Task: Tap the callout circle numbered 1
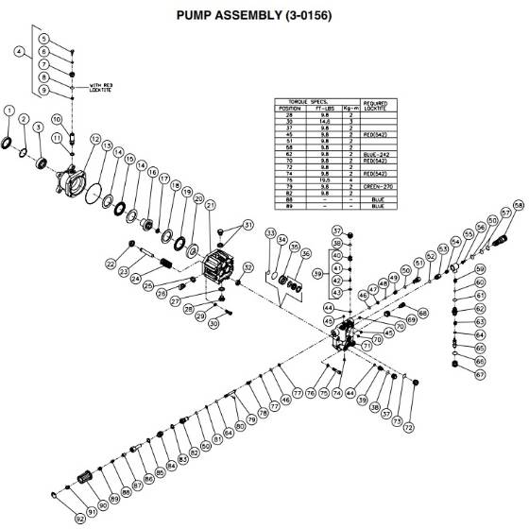coord(9,111)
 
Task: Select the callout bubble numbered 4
coord(19,51)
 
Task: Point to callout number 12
coord(94,139)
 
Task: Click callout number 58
coord(518,206)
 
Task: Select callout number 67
coord(480,374)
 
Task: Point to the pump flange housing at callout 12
coord(75,177)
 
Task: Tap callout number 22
coord(111,264)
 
